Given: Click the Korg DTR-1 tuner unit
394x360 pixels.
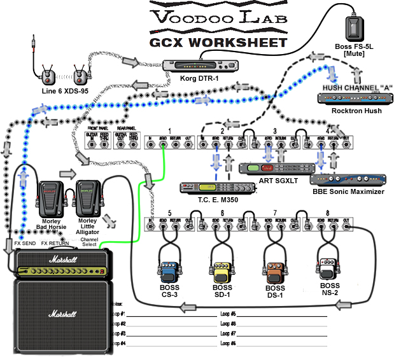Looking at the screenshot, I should coord(200,66).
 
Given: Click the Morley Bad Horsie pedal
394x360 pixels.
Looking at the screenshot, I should coord(49,197).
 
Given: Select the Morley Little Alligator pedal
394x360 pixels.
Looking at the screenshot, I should coord(87,197).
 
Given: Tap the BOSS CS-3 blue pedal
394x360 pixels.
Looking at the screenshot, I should coord(169,272).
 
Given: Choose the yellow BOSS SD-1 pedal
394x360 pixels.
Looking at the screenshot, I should coord(222,272).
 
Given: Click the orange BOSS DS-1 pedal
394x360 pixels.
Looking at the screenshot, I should coord(274,272).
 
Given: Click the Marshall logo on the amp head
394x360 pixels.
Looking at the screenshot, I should coord(62,259).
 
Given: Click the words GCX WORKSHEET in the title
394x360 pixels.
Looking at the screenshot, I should coord(218,43).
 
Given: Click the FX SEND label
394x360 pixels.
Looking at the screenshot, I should coord(25,243).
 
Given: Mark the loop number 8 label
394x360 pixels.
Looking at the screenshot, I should coord(328,212).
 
